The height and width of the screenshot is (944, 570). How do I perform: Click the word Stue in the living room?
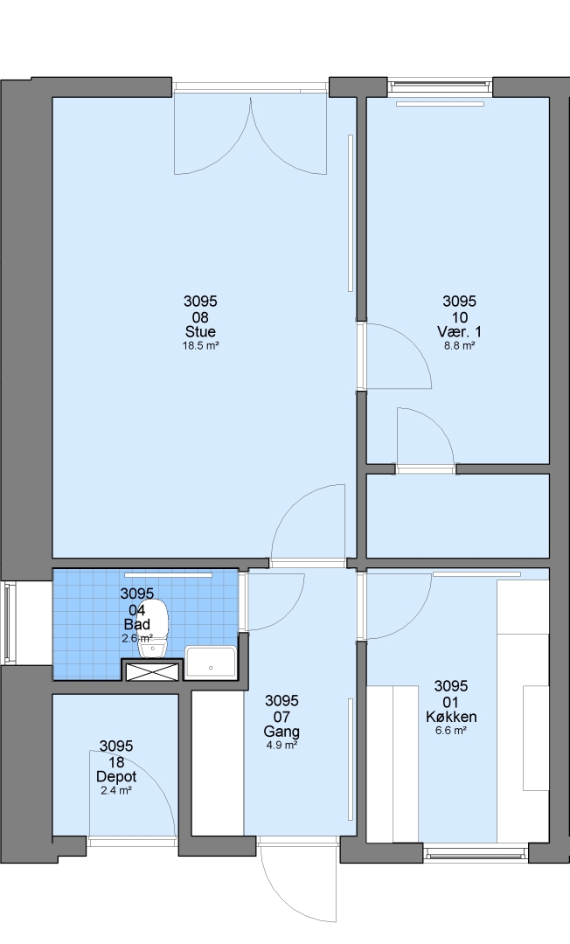[200, 332]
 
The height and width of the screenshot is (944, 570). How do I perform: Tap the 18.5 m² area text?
[200, 345]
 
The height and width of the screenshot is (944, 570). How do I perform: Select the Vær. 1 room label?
[459, 332]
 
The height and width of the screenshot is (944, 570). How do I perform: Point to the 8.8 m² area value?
[459, 345]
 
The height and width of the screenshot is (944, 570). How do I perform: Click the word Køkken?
[451, 717]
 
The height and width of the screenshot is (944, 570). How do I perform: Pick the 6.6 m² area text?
[451, 731]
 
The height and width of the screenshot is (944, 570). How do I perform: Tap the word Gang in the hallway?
[282, 732]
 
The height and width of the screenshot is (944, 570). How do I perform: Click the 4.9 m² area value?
[282, 746]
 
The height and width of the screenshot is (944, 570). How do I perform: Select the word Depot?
[116, 777]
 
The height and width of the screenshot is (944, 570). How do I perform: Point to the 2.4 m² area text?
[116, 790]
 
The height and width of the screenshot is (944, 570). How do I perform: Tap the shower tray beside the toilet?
[211, 663]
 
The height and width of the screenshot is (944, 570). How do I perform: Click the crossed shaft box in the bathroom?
[153, 671]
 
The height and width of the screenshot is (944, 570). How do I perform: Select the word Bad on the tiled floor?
[136, 624]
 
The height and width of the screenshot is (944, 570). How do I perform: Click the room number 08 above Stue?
[200, 317]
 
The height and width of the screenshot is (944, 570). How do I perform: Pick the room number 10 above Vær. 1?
[459, 317]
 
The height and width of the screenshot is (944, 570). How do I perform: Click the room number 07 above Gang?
[282, 717]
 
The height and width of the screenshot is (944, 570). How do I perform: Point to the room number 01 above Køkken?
[451, 702]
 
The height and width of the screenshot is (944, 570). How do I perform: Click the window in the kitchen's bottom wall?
[476, 852]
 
